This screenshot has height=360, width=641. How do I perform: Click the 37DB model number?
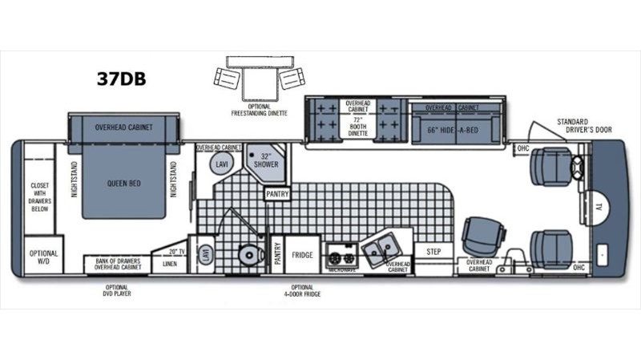click(x=121, y=79)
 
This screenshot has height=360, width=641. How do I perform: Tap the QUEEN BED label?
click(x=124, y=183)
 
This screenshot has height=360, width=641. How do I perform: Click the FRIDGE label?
click(x=302, y=254)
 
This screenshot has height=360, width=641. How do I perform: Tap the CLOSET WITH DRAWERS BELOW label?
click(x=39, y=196)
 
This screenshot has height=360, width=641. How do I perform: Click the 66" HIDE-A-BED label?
click(x=455, y=131)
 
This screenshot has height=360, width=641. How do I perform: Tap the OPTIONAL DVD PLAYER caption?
click(x=117, y=290)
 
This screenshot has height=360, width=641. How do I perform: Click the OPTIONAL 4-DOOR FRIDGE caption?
click(x=302, y=290)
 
